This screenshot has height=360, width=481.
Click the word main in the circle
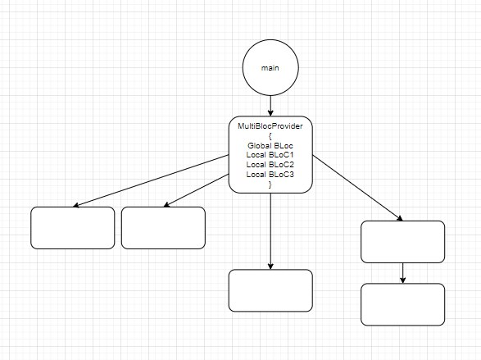coord(270,68)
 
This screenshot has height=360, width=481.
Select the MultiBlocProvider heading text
coord(270,126)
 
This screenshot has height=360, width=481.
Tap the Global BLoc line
coord(270,145)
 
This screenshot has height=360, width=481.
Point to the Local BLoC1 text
coord(270,155)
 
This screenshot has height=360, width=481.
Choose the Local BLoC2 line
coord(270,165)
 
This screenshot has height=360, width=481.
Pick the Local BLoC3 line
coord(270,175)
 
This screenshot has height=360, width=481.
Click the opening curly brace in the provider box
coord(270,136)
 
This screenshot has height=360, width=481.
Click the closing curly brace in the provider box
coord(270,185)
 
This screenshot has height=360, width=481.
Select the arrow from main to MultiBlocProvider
coord(270,106)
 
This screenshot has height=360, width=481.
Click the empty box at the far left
coord(73,228)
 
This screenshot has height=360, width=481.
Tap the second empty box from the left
coord(163,228)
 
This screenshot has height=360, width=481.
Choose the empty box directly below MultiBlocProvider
coord(270,290)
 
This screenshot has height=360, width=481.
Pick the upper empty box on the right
coord(403,242)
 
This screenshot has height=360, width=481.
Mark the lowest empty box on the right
coord(403,304)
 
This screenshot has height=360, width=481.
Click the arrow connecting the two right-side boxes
coord(403,273)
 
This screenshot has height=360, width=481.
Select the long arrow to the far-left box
coord(151,181)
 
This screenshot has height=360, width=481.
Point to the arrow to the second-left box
coord(197,190)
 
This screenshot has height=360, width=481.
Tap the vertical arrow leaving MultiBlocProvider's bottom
coord(270,231)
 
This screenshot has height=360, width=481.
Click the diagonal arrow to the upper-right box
coord(358,188)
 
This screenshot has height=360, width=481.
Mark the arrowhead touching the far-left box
coord(76,205)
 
